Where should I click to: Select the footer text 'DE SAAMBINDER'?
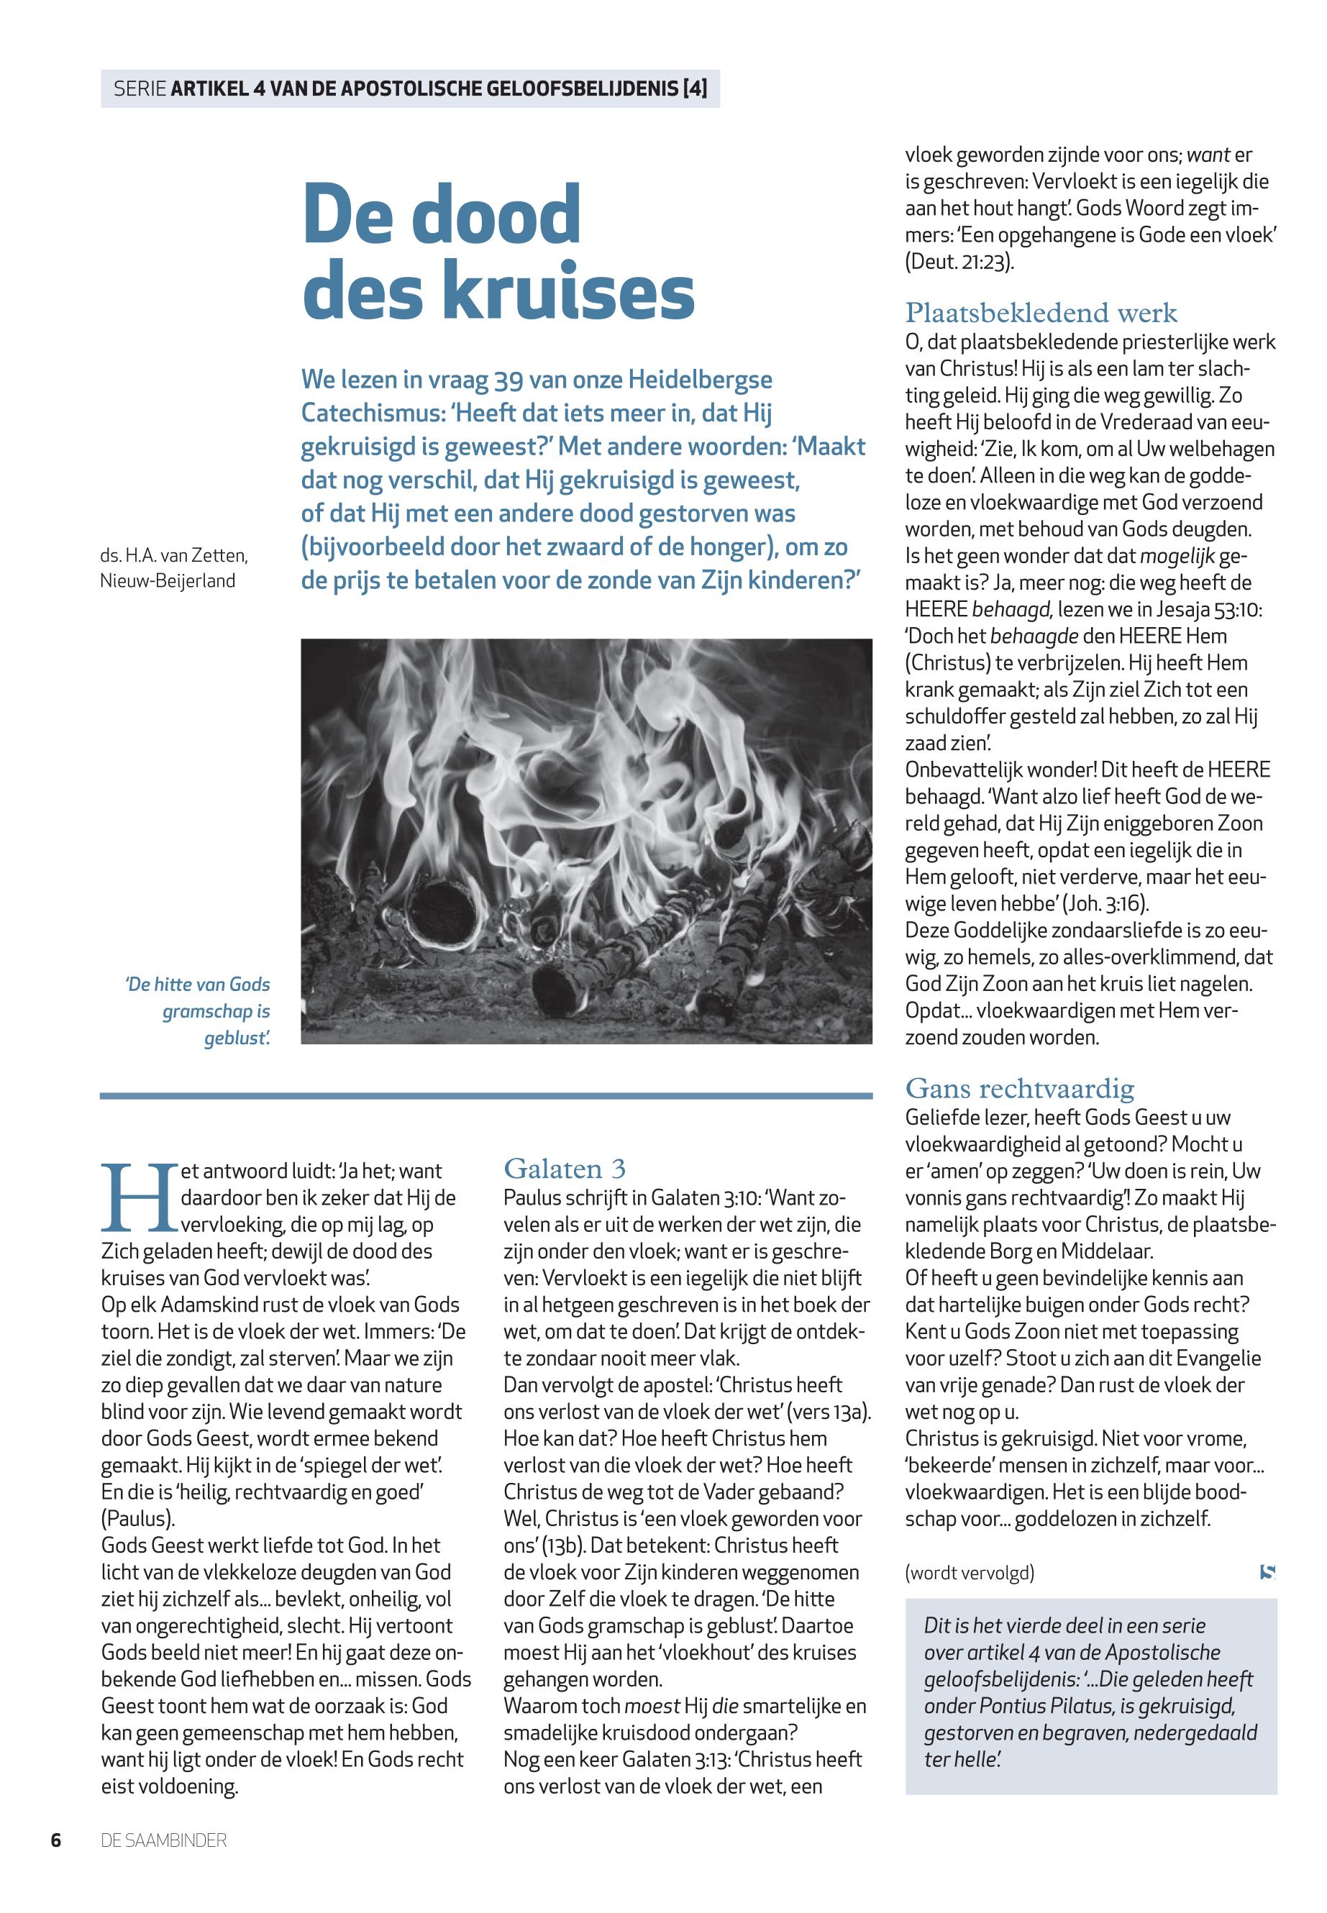tap(164, 1840)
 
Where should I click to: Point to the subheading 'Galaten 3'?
tap(565, 1169)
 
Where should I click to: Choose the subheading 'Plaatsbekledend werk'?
tap(1041, 313)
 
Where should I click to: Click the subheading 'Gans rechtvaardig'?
tap(1019, 1088)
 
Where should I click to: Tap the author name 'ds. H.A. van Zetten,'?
tap(174, 554)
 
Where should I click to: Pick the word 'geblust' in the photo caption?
tap(237, 1038)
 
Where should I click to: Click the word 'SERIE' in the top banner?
tap(139, 89)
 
